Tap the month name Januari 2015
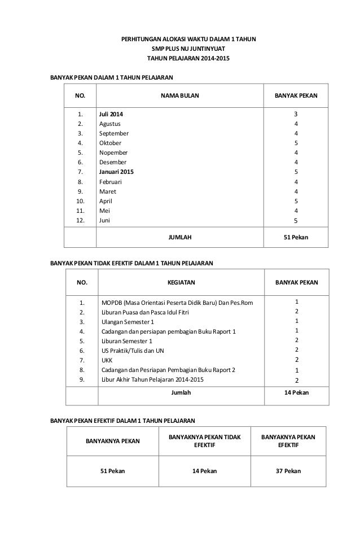[117, 172]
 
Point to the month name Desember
[113, 162]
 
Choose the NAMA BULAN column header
[180, 96]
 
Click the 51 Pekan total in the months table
[296, 238]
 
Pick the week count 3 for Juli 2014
[296, 114]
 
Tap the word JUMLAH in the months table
[180, 238]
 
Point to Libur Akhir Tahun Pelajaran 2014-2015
[153, 379]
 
